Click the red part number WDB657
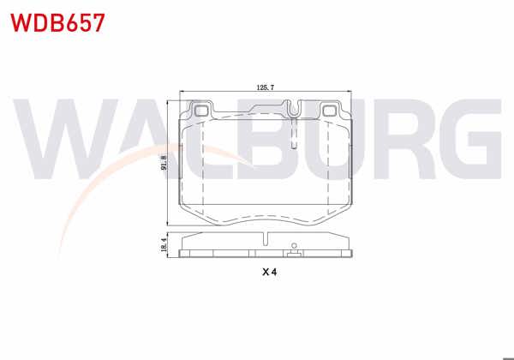point(58,22)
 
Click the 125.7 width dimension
point(266,87)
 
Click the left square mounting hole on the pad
point(202,110)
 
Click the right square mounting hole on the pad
point(332,110)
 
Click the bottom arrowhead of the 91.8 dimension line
point(168,218)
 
